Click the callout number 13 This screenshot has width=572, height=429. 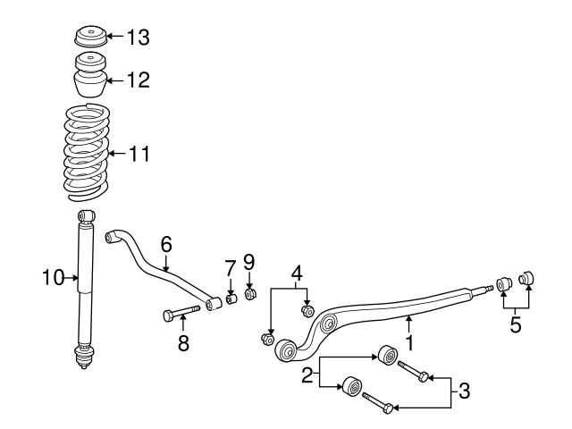point(139,38)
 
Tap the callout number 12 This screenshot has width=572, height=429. point(138,80)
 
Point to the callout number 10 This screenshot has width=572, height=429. point(53,278)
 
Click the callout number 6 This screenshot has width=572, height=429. point(166,244)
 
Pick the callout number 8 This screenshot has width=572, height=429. point(183,343)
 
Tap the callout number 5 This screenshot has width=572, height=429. point(516,324)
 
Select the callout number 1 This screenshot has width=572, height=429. point(409,341)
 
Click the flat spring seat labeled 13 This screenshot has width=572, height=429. point(89,40)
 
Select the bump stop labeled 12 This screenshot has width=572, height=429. point(88,79)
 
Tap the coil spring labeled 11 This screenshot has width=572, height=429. point(87,150)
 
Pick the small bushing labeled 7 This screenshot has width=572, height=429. point(231,298)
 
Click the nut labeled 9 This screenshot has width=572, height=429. point(251,293)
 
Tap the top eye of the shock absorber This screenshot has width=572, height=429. point(85,217)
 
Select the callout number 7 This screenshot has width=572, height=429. point(230,266)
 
